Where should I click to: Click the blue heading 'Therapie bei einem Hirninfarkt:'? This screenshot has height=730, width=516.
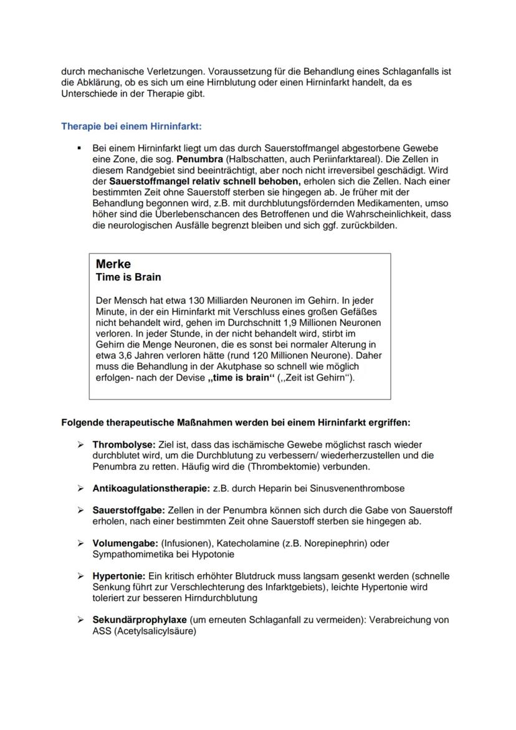(131, 126)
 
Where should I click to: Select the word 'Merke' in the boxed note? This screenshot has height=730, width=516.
(113, 264)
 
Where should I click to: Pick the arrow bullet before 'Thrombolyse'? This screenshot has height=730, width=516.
(80, 444)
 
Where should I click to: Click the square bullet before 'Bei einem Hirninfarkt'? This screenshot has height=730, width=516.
(80, 148)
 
